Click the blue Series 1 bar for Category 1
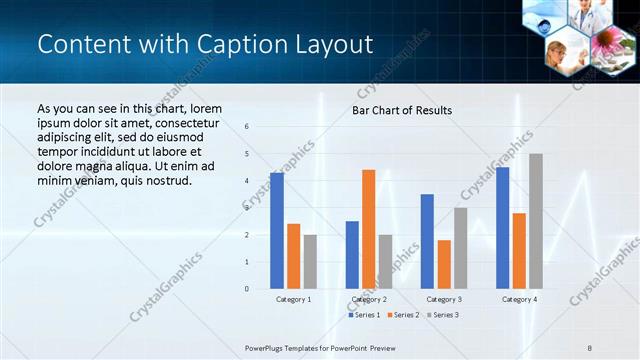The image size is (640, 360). click(277, 231)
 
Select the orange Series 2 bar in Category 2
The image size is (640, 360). click(369, 229)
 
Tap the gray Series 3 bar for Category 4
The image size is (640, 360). click(536, 221)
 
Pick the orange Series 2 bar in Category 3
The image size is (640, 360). click(444, 264)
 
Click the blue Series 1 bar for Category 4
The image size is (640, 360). click(502, 228)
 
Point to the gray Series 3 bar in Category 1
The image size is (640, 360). click(310, 262)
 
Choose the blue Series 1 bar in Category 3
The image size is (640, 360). click(427, 241)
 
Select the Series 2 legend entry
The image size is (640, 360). click(402, 315)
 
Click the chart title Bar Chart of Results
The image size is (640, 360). click(401, 110)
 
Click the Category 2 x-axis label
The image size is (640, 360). click(369, 299)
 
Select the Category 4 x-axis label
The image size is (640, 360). click(519, 299)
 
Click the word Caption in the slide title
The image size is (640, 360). click(225, 45)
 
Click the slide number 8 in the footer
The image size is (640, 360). click(591, 348)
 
